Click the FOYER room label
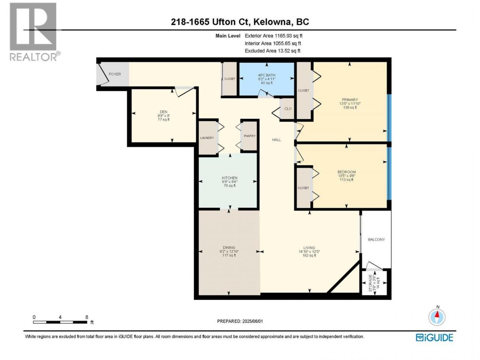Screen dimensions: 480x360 pyautogui.click(x=114, y=74)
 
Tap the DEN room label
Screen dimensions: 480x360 pyautogui.click(x=163, y=112)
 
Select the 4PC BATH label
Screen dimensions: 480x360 pyautogui.click(x=266, y=75)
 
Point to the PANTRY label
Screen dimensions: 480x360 pyautogui.click(x=249, y=136)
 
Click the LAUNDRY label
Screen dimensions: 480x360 pyautogui.click(x=207, y=138)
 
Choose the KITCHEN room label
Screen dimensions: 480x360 pyautogui.click(x=229, y=178)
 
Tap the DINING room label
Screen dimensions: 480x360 pyautogui.click(x=229, y=247)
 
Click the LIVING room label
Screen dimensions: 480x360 pyautogui.click(x=309, y=247)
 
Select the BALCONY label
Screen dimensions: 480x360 pyautogui.click(x=376, y=239)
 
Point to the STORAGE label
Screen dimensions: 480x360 pyautogui.click(x=370, y=283)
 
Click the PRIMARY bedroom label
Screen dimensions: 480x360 pyautogui.click(x=350, y=100)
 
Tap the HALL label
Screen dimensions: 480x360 pyautogui.click(x=276, y=140)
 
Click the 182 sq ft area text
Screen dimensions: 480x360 pyautogui.click(x=309, y=255)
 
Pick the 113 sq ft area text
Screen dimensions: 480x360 pyautogui.click(x=347, y=180)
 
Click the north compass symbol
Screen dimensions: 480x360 pyautogui.click(x=437, y=317)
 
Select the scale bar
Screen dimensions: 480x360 pyautogui.click(x=60, y=322)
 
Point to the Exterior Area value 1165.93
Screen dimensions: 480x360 pyautogui.click(x=283, y=36)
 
